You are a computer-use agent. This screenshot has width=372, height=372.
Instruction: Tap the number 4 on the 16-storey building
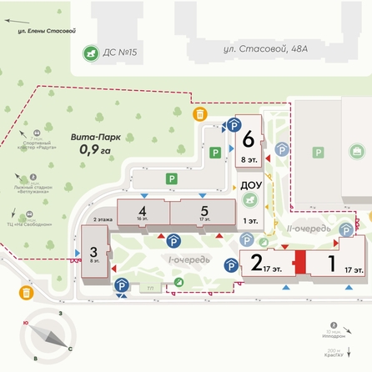[143, 211]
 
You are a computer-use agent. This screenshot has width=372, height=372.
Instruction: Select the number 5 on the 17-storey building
[204, 211]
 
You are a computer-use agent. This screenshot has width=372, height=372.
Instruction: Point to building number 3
[93, 250]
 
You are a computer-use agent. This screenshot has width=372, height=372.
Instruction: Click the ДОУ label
[249, 185]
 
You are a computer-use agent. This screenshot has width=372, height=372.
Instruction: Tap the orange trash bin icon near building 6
[200, 114]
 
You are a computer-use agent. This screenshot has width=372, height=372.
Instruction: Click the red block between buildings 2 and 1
[299, 262]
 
